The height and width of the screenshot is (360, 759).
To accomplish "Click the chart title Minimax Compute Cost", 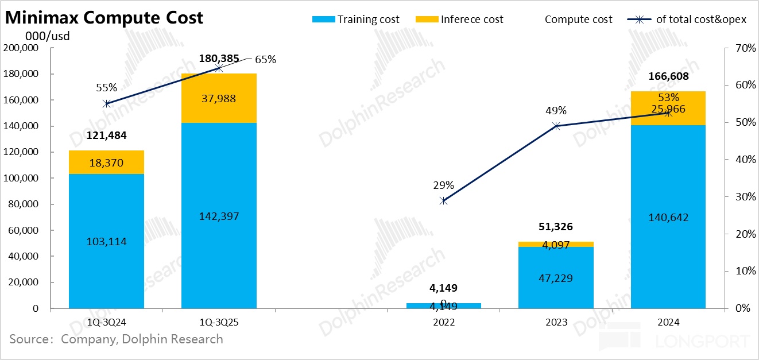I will click(x=104, y=17).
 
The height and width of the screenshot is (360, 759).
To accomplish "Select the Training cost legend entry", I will click(x=356, y=19).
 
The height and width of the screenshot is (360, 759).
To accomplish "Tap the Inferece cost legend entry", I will click(x=459, y=19).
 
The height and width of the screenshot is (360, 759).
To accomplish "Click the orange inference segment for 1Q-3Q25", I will click(x=219, y=98).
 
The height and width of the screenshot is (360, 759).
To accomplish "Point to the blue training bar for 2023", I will click(x=556, y=278).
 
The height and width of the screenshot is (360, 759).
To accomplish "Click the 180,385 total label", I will click(x=219, y=59).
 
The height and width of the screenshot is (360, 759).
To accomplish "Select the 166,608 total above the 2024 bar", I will click(x=668, y=76).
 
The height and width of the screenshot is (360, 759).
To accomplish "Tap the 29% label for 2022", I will click(x=443, y=185).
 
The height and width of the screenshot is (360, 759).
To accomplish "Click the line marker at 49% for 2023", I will click(x=556, y=126).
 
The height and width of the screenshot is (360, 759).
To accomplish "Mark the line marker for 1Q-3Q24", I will click(x=106, y=104).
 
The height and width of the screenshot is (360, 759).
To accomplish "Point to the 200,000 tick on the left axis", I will click(x=21, y=48).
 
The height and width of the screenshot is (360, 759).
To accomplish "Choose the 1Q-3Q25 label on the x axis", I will click(x=219, y=322).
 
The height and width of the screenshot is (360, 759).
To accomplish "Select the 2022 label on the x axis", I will click(x=443, y=322).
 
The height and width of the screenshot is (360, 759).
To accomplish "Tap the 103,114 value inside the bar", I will click(x=106, y=242).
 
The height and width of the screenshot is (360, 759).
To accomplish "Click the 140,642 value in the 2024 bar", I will click(x=668, y=217).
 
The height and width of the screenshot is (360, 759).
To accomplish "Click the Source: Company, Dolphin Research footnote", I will click(x=116, y=339).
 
